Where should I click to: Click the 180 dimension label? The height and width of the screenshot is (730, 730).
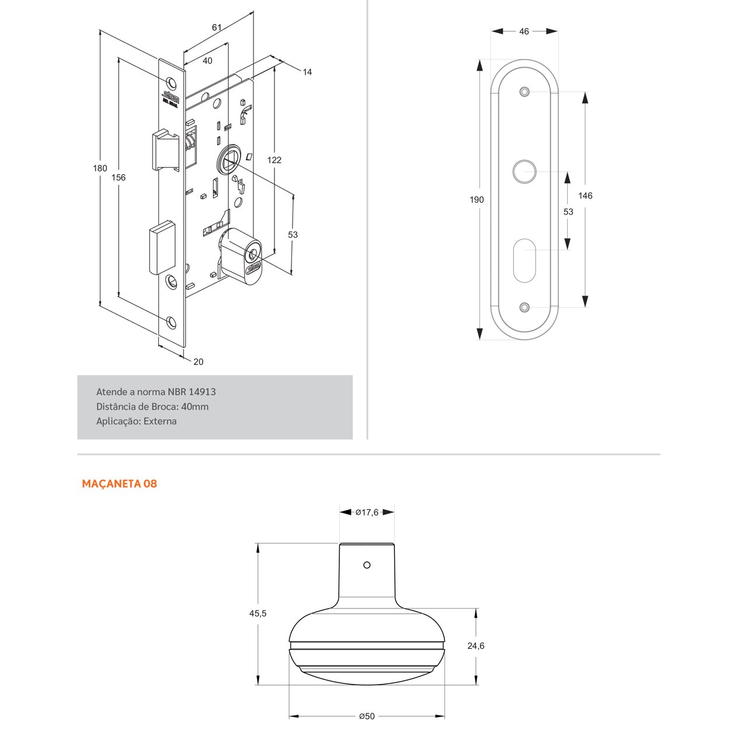(x=100, y=168)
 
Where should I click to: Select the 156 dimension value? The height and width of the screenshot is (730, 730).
(x=119, y=178)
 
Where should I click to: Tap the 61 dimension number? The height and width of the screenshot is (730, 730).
(x=217, y=27)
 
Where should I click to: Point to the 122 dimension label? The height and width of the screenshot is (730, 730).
(x=274, y=159)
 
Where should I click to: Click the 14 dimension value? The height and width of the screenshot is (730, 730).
(x=307, y=72)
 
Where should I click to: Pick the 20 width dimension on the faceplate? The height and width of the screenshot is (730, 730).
(x=199, y=362)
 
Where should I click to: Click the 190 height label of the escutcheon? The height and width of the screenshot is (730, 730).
(x=477, y=200)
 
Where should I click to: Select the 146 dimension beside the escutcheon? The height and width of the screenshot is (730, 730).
(x=585, y=196)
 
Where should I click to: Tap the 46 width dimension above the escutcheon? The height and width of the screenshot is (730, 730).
(x=524, y=32)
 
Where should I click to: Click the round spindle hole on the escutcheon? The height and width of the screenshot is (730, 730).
(x=524, y=172)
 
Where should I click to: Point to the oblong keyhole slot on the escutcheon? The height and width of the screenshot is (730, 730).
(x=524, y=259)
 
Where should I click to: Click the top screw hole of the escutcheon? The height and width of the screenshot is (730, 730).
(x=524, y=92)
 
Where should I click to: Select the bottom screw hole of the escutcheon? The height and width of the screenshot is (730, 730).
(x=524, y=307)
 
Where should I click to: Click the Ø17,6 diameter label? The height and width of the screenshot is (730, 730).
(x=367, y=512)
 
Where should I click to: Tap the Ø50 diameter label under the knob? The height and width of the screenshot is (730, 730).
(x=367, y=716)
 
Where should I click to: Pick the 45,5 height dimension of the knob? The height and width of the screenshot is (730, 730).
(x=258, y=613)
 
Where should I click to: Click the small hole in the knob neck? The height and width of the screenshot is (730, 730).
(x=367, y=565)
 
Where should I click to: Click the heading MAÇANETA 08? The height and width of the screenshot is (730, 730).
(x=119, y=484)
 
